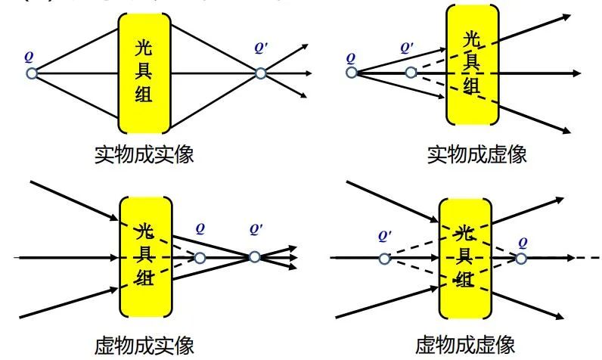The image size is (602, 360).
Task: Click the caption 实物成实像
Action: coord(144,155)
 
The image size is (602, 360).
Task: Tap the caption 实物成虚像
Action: coord(476,155)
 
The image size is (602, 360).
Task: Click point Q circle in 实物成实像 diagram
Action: coord(31,73)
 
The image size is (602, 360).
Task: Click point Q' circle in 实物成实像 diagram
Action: coord(260,73)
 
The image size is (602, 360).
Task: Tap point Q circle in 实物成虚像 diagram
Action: coord(352,73)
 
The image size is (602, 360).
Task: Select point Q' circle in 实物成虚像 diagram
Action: coord(410,73)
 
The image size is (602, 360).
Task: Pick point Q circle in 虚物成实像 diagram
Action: coord(200,258)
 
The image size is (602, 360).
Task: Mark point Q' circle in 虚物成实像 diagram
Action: coord(255,257)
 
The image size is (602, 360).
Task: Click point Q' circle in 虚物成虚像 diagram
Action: coord(384,259)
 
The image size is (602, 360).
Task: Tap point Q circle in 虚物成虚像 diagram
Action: coord(521,258)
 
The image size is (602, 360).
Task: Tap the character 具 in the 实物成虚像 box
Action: coord(472,61)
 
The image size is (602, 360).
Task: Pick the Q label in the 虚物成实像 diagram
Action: coord(200,227)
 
